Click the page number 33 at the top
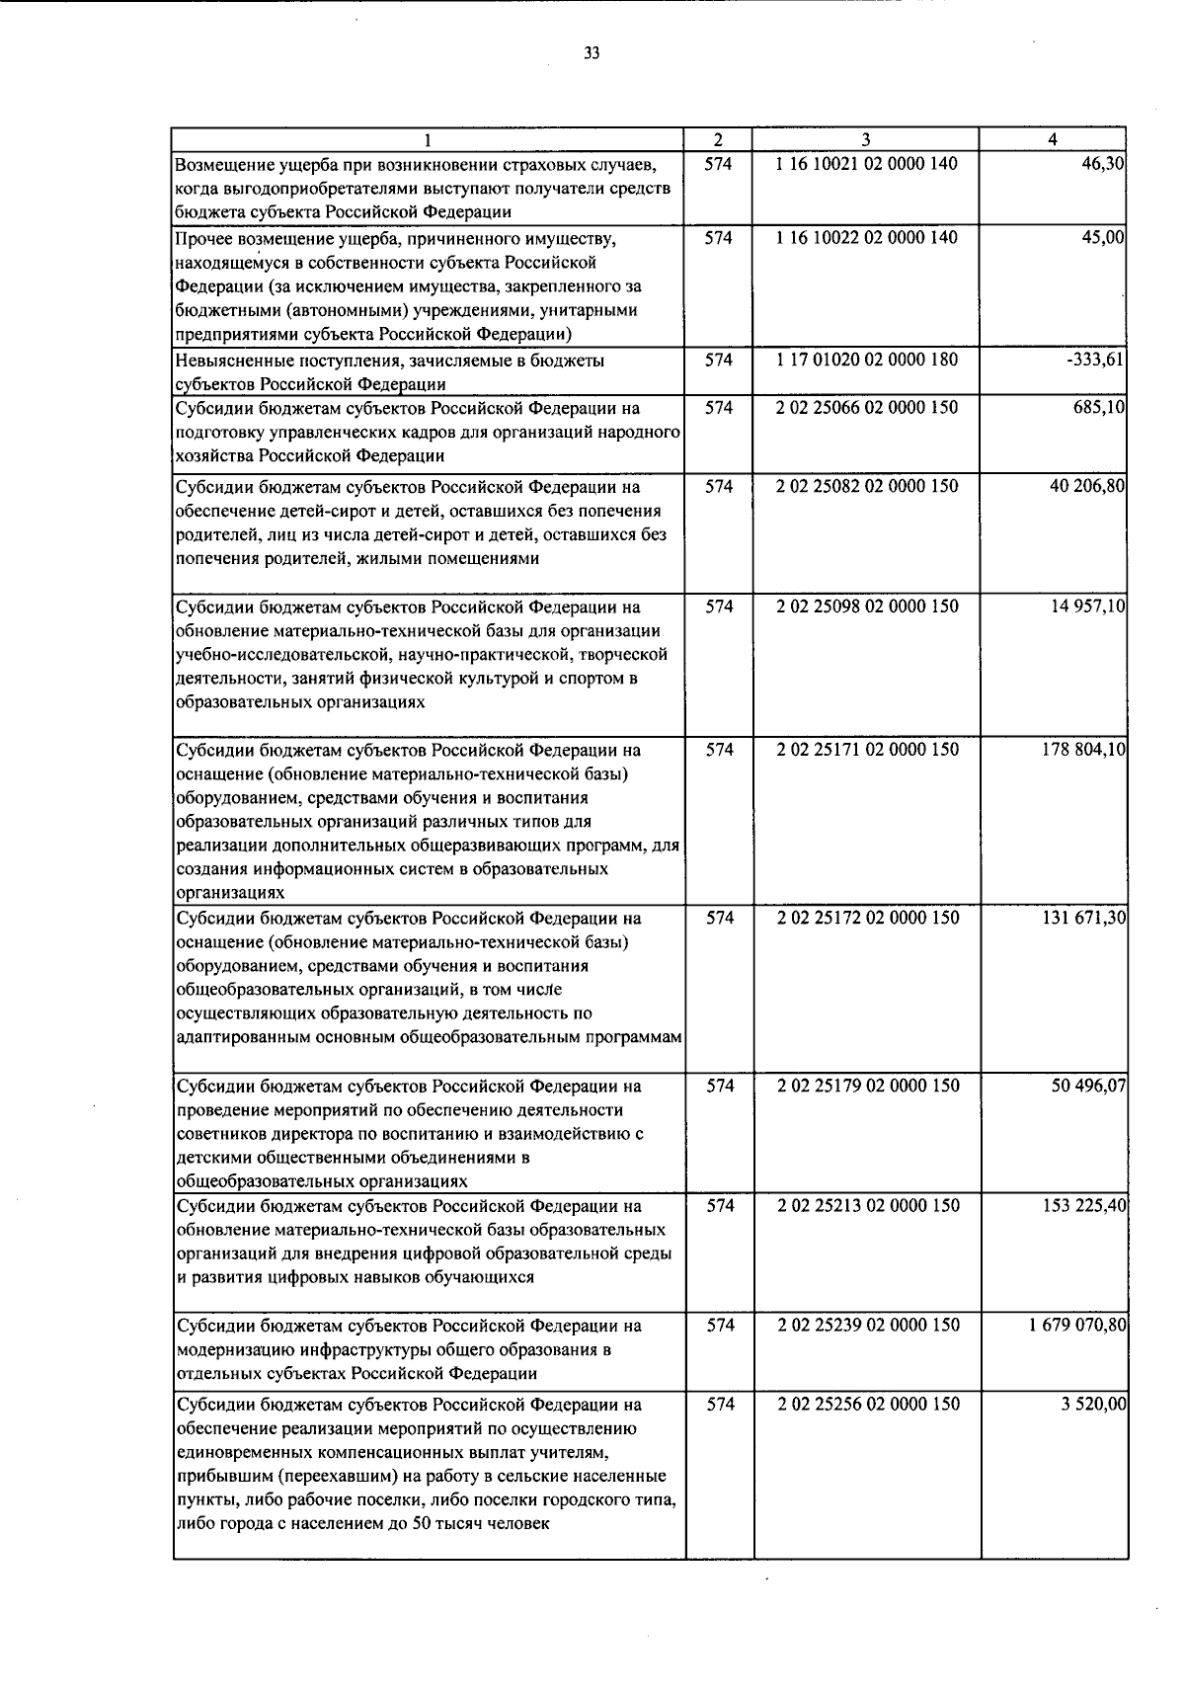click(x=592, y=53)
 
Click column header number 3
click(x=865, y=140)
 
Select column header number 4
click(x=1054, y=140)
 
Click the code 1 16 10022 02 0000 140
click(x=867, y=238)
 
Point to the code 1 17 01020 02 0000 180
click(x=867, y=361)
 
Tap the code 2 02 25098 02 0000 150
click(x=867, y=606)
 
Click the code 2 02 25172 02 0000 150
click(x=867, y=918)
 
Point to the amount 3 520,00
click(x=1095, y=1405)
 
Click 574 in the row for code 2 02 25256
click(x=720, y=1405)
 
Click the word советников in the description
click(x=217, y=1134)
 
